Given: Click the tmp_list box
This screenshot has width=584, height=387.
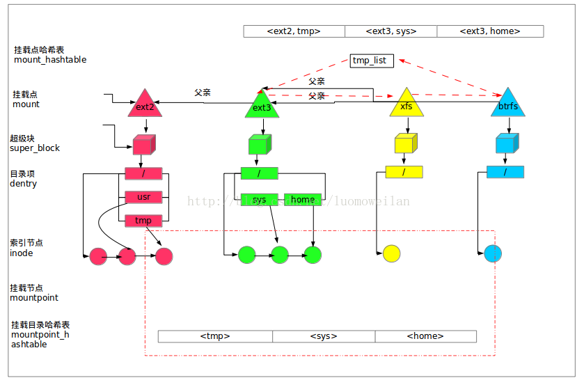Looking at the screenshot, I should click(372, 61).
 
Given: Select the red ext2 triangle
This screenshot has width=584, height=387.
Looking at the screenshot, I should click(145, 105).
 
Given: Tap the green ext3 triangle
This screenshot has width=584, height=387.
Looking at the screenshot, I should click(262, 106).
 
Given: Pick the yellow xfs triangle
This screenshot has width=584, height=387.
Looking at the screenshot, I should click(407, 104).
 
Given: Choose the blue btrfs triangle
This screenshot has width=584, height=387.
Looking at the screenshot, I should click(507, 104).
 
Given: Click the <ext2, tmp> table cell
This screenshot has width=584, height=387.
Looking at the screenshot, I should click(294, 31).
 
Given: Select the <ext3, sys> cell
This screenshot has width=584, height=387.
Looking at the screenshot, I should click(390, 31).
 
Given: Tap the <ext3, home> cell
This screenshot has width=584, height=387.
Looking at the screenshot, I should click(490, 31).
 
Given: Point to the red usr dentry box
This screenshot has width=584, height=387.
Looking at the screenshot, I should click(143, 197).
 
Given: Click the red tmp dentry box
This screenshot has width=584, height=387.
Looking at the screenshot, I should click(143, 221).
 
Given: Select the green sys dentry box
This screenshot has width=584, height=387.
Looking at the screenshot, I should click(260, 200).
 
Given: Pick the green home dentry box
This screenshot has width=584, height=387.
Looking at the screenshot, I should click(303, 200).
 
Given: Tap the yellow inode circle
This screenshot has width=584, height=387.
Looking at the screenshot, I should click(391, 254).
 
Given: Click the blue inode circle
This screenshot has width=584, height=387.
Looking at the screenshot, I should click(493, 253).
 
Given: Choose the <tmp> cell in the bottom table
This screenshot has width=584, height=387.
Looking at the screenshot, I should click(215, 336).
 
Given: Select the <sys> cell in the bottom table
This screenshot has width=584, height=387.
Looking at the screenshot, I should click(324, 336).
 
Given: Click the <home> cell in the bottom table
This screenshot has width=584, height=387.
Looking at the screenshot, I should click(425, 336).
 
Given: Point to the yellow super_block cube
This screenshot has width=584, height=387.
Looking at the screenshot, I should click(404, 144).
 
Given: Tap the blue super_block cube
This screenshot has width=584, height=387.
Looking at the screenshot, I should click(506, 144).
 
